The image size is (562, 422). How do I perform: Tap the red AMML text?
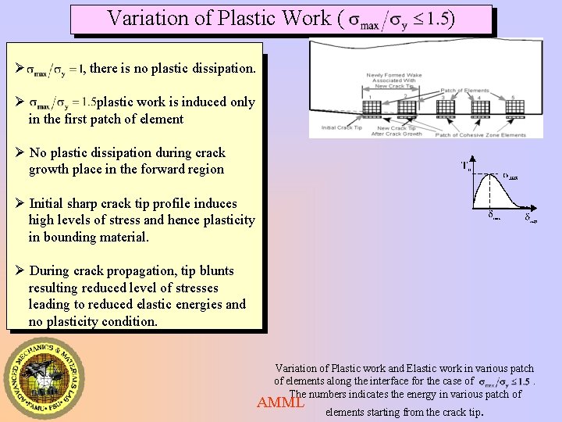280,403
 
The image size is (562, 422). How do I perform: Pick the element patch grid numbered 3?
443,107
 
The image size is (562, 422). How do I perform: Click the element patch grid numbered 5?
512,107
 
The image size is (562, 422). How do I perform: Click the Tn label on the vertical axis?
467,165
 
